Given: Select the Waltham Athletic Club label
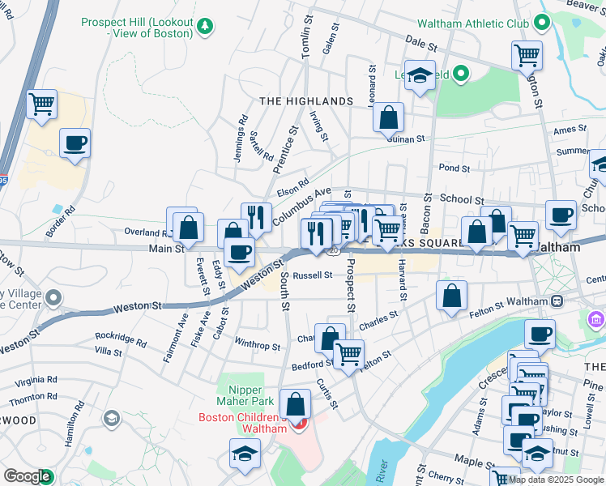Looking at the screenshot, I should point(474,24).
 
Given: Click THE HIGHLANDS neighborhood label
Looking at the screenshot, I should point(306,101).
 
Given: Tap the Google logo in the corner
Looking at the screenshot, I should point(27,477).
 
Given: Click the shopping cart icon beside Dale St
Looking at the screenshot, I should point(527,56).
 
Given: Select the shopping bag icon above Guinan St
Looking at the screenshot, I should point(389,117).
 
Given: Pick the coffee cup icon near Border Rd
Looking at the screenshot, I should point(75,144).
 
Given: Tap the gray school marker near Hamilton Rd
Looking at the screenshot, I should point(112,418).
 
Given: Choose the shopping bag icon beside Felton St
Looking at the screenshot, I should point(451,296).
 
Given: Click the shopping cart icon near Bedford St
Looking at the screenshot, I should point(348,354).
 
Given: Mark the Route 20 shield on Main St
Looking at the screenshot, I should point(333,252).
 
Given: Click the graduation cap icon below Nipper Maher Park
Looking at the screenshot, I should point(244,454).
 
